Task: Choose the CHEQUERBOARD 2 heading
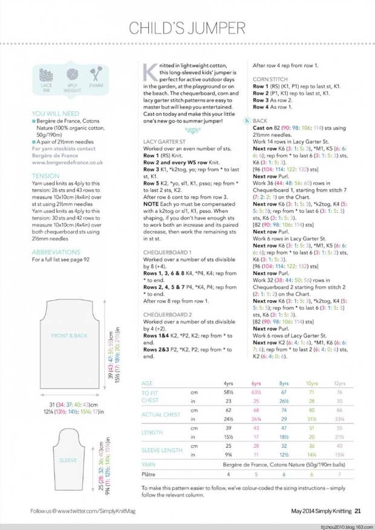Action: point(168,315)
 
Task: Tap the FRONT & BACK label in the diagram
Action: point(68,335)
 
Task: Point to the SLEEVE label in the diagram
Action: point(68,460)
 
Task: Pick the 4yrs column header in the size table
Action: point(228,384)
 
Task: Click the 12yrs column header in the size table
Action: point(340,384)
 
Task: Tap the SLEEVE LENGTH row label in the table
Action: point(161,450)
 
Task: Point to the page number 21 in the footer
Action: point(358,511)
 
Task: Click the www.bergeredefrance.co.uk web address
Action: point(67,162)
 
